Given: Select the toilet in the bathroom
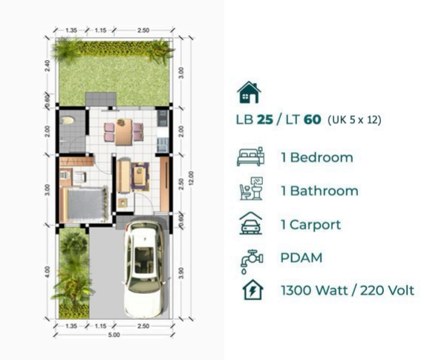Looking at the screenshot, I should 68,120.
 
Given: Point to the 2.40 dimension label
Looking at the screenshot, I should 47,66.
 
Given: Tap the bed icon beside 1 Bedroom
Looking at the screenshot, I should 248,157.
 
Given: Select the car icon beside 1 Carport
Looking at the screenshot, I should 248,223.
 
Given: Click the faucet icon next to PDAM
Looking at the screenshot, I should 248,258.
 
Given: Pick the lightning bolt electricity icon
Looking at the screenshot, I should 248,290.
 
